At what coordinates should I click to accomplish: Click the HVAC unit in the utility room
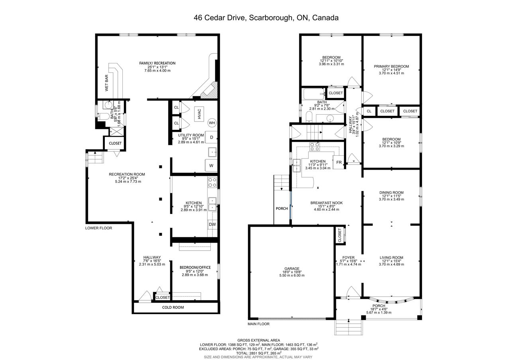tap(199, 114)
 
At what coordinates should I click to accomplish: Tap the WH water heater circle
tap(212, 123)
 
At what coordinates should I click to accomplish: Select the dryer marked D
tap(211, 137)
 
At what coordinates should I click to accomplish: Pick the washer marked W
tap(211, 165)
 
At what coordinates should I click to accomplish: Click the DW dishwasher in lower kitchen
tap(212, 224)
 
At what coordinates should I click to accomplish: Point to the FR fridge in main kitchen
tap(339, 162)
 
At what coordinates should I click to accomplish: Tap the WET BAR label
tap(106, 83)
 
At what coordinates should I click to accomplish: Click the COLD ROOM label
tap(173, 307)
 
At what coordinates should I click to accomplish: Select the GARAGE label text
tap(292, 268)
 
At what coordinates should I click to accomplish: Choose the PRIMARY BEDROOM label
tap(391, 67)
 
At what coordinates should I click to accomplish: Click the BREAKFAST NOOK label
tap(326, 203)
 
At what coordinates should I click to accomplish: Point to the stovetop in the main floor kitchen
tap(314, 147)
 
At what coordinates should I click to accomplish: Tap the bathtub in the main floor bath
tap(314, 94)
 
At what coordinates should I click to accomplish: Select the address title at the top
tap(266, 18)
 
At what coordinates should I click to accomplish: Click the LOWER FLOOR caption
tap(98, 228)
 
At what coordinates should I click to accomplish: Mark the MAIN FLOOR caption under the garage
tap(259, 324)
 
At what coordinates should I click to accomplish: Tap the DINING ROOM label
tap(391, 192)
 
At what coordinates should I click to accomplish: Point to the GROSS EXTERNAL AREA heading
tap(259, 340)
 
